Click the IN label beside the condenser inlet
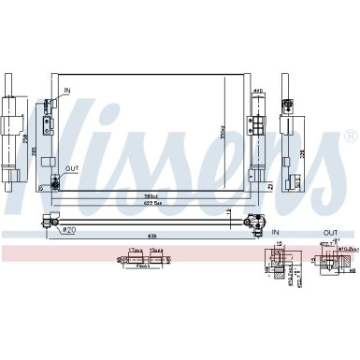(x=66, y=90)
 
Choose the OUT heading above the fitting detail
(x=330, y=232)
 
